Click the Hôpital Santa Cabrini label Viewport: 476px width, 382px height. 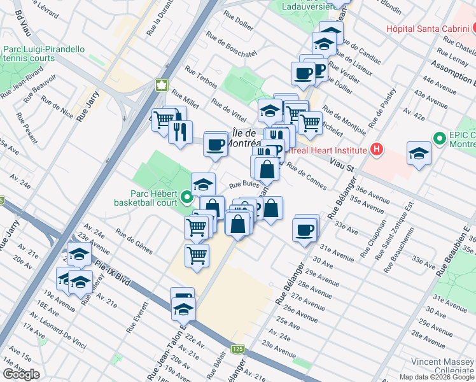pos(426,29)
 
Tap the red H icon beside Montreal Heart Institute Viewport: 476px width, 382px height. pos(377,150)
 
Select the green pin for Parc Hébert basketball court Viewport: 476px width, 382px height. pos(186,197)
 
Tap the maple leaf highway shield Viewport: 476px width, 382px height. pos(162,85)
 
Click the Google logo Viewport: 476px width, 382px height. pos(21,374)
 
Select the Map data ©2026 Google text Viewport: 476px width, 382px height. pos(436,377)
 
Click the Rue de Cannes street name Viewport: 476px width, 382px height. pos(307,176)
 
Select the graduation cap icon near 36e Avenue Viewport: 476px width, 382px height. pos(419,154)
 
